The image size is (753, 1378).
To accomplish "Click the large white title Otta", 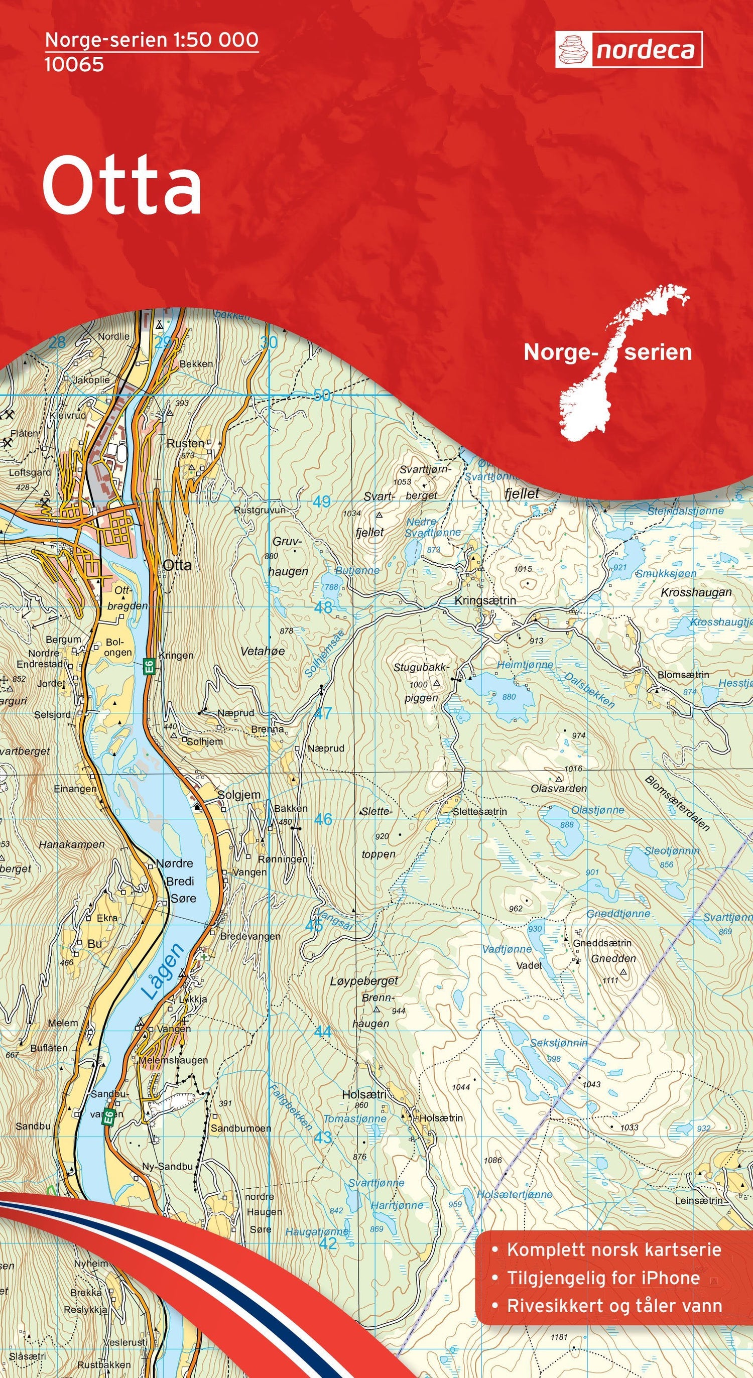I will click(x=122, y=185).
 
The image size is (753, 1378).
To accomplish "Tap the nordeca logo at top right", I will click(x=629, y=50).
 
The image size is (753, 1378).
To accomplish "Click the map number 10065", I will click(x=74, y=65).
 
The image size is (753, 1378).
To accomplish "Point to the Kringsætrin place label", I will click(x=485, y=601).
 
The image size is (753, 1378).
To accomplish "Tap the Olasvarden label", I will click(x=558, y=789).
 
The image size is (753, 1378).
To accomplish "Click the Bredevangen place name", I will click(x=250, y=936).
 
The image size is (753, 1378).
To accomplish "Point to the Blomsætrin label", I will click(x=683, y=675).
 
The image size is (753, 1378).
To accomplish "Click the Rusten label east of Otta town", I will click(x=185, y=443).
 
